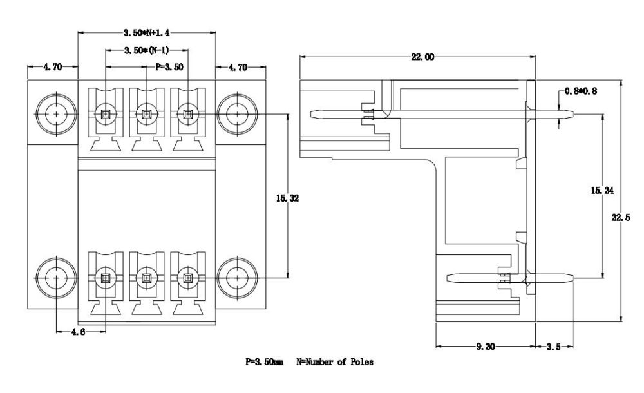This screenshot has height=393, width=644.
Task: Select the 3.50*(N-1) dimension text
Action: pyautogui.click(x=146, y=50)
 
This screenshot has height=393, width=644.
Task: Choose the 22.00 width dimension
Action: pyautogui.click(x=422, y=57)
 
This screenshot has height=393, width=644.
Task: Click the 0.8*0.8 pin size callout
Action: pyautogui.click(x=582, y=91)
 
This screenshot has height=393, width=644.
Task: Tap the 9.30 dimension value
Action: pyautogui.click(x=486, y=347)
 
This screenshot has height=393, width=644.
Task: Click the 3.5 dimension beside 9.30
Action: pyautogui.click(x=553, y=347)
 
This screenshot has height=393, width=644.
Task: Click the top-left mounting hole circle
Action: pyautogui.click(x=57, y=115)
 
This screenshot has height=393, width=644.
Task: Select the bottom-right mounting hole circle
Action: pyautogui.click(x=235, y=278)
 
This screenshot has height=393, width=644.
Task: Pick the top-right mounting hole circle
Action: pyautogui.click(x=235, y=115)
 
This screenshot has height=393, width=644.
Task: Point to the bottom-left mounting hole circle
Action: pyautogui.click(x=57, y=278)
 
